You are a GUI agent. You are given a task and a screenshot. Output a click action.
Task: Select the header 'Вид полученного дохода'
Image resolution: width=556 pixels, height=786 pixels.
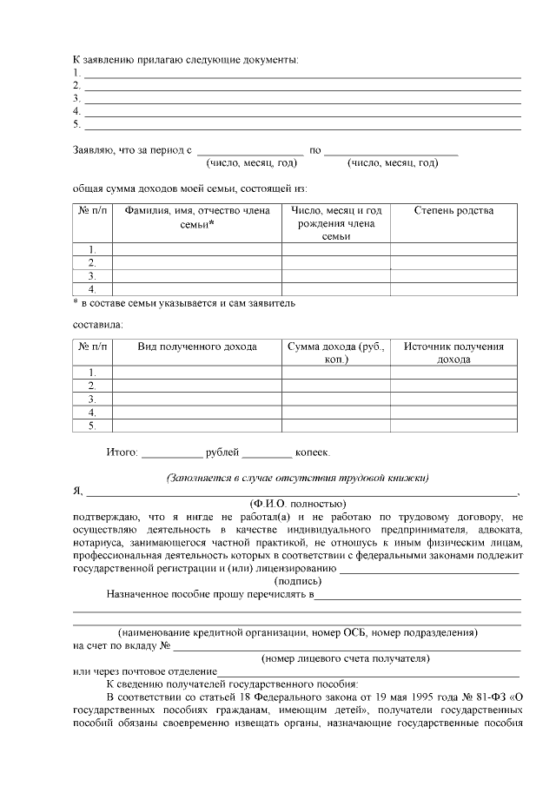197,347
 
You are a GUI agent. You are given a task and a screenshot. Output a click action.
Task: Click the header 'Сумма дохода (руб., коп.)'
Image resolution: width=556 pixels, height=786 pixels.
335,353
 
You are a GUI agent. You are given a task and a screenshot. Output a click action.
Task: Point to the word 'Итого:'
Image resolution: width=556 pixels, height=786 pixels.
122,452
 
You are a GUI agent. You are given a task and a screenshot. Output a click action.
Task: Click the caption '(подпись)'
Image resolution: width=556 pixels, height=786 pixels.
298,581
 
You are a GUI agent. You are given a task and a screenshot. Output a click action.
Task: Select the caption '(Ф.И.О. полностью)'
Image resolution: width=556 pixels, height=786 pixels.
298,504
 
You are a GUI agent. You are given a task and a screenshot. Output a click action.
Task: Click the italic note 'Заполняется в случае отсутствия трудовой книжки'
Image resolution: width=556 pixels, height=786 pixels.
298,478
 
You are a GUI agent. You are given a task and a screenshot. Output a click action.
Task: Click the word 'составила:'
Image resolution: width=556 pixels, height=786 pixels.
96,325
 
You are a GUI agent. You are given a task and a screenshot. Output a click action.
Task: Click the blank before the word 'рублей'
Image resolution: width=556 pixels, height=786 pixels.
171,452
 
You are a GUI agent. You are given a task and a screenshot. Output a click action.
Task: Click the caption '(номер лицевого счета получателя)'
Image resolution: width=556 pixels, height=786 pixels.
346,659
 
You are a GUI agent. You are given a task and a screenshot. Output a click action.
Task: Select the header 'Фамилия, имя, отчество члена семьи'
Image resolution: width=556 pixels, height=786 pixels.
197,217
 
